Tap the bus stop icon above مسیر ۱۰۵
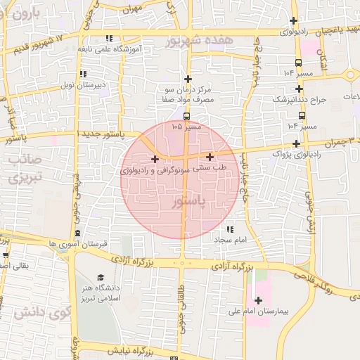pyautogui.click(x=186, y=116)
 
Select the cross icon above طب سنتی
pyautogui.click(x=210, y=157)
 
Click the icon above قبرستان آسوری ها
pyautogui.click(x=77, y=233)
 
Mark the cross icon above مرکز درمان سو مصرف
pyautogui.click(x=186, y=79)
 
